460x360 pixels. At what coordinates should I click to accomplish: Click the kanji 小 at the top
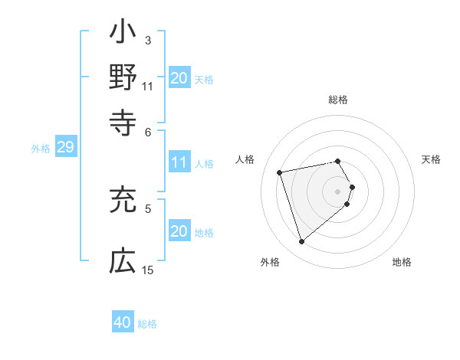point(123,34)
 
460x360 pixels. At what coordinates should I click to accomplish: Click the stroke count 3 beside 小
point(147,40)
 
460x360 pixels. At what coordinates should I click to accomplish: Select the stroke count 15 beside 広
point(148,270)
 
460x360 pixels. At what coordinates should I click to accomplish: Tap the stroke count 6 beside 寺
point(148,131)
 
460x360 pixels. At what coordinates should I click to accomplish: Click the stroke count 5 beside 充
point(148,208)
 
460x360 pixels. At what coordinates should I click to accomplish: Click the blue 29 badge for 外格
point(65,147)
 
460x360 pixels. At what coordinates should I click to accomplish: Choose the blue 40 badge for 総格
point(123,322)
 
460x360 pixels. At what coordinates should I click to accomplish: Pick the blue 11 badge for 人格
point(179,162)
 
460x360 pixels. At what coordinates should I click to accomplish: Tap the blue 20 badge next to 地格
point(179,231)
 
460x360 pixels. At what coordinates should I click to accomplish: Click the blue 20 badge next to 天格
point(179,77)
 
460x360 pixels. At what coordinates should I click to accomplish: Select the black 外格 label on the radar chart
point(270,262)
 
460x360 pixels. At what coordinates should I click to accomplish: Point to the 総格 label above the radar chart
point(338,100)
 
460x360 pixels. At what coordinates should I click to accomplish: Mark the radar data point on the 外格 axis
point(301,241)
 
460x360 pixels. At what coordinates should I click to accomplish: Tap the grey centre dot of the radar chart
point(338,190)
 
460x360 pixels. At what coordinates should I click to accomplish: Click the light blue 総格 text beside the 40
point(147,323)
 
